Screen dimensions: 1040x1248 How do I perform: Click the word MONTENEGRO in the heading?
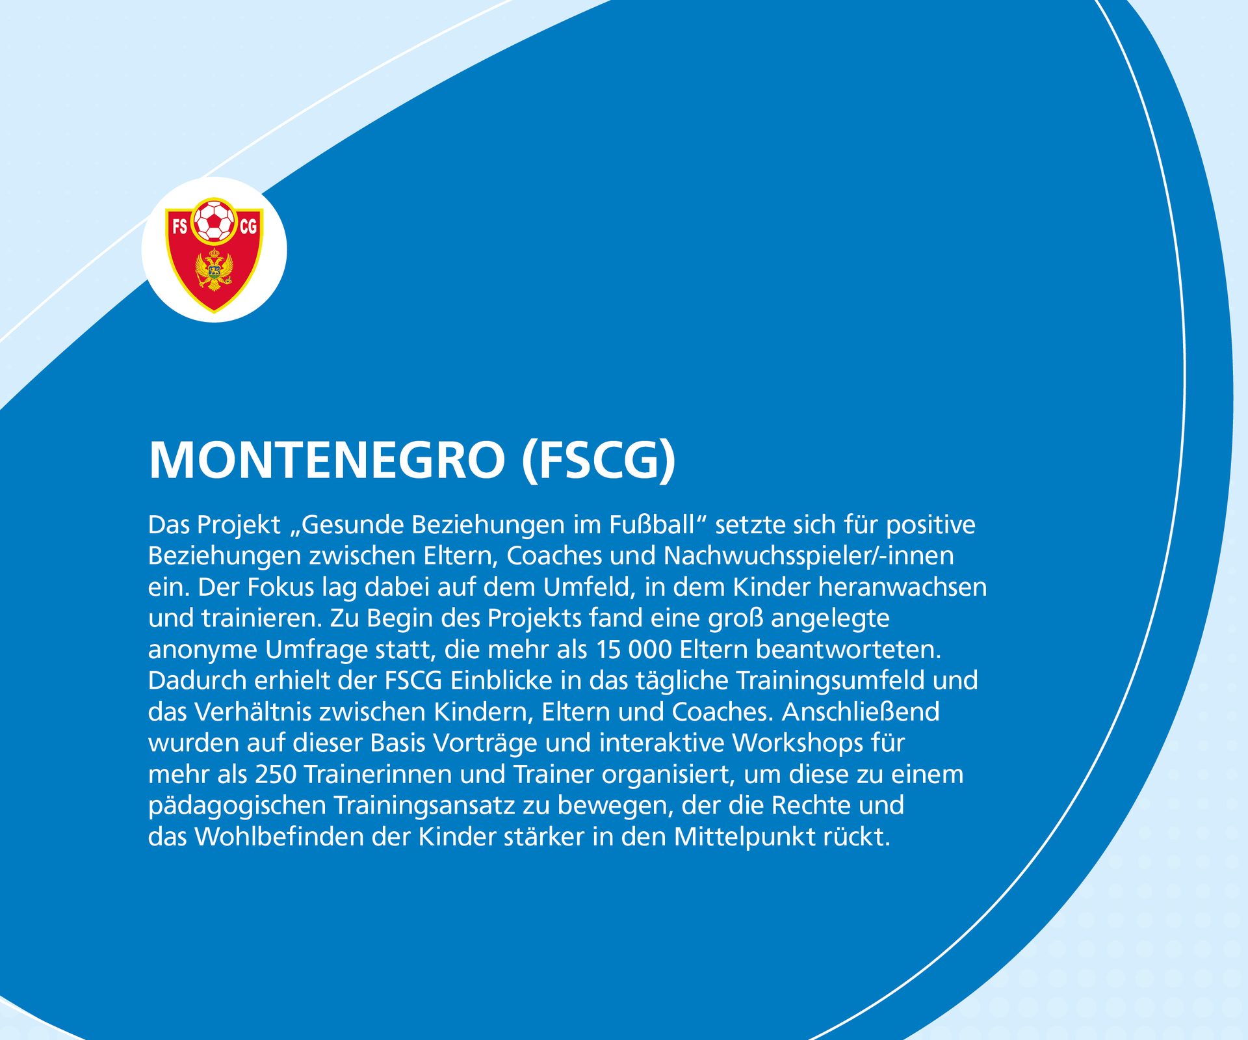(326, 460)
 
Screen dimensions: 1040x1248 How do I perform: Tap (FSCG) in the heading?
(599, 460)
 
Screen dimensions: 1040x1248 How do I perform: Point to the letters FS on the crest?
(179, 226)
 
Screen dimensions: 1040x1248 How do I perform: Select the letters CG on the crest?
(248, 226)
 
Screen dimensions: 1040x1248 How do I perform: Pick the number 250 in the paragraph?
(276, 774)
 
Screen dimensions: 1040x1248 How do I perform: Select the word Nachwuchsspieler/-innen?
(809, 555)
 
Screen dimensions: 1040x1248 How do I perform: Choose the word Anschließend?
(860, 712)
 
